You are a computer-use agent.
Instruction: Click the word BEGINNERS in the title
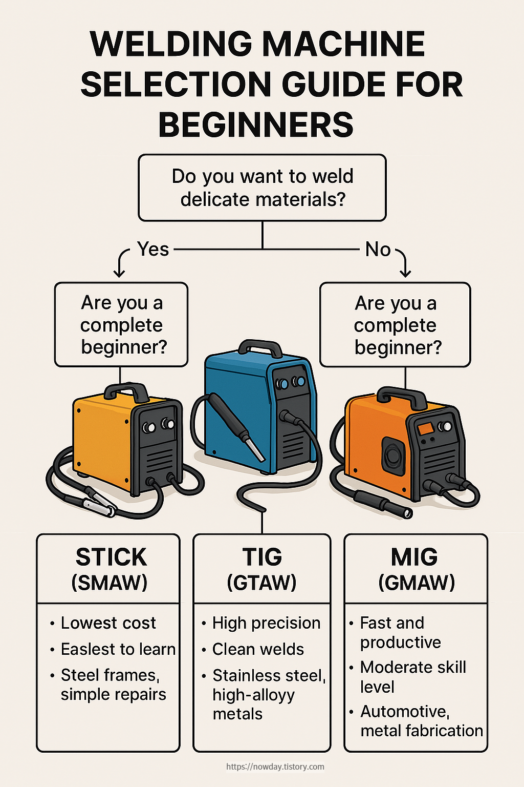point(256,125)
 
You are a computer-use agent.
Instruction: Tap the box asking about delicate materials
point(262,188)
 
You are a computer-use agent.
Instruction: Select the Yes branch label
point(153,249)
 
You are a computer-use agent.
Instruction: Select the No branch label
point(378,250)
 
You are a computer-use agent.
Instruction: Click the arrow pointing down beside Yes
point(120,264)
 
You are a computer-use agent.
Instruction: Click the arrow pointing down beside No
point(404,264)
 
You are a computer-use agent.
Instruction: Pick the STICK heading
point(111,557)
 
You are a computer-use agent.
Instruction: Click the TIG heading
point(262,557)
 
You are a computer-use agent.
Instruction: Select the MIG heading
point(414,557)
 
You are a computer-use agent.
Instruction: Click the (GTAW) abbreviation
point(262,583)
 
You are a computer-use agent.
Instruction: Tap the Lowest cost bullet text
point(108,623)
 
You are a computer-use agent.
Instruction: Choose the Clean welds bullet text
point(258,649)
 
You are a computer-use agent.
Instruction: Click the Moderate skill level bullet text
point(412,677)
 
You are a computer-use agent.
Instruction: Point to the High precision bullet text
point(266,623)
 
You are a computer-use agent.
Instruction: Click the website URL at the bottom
point(275,767)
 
